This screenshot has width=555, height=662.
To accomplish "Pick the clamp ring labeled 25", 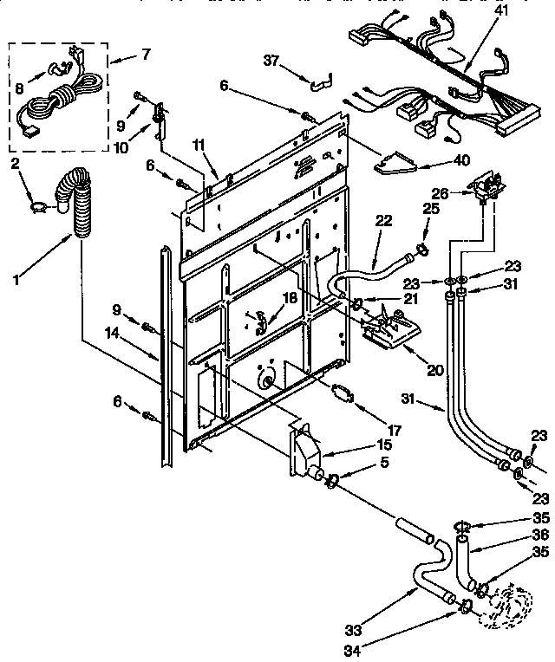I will pyautogui.click(x=421, y=252).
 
